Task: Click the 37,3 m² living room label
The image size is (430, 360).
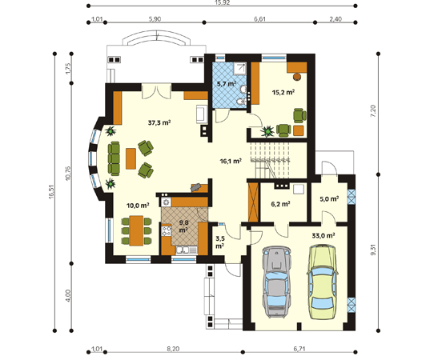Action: coord(159,122)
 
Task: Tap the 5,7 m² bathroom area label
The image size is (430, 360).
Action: coord(227,84)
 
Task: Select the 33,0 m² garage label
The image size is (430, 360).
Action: coord(324,235)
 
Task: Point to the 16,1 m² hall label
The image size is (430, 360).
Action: coord(231,161)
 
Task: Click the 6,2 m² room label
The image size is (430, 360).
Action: coord(280,204)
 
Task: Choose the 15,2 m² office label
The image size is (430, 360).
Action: coord(283,92)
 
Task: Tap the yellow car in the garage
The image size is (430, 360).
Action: coord(323,282)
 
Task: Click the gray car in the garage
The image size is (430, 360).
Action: coord(276,282)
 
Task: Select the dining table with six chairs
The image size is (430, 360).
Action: coord(136,230)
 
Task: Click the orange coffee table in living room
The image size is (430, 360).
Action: coord(131,158)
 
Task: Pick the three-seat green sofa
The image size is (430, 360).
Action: coord(114,158)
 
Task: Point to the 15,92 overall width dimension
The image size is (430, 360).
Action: coord(223,2)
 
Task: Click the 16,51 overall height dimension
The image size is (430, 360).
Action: coord(52,191)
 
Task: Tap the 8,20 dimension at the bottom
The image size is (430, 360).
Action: coord(173,349)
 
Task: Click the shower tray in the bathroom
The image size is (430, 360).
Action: coord(240,68)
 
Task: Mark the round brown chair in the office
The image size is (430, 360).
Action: coord(297,76)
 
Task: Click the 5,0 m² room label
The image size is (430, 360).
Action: coord(329,198)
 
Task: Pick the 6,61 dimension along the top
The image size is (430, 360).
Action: coord(259,19)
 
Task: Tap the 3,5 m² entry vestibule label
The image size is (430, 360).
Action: coord(219,242)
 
